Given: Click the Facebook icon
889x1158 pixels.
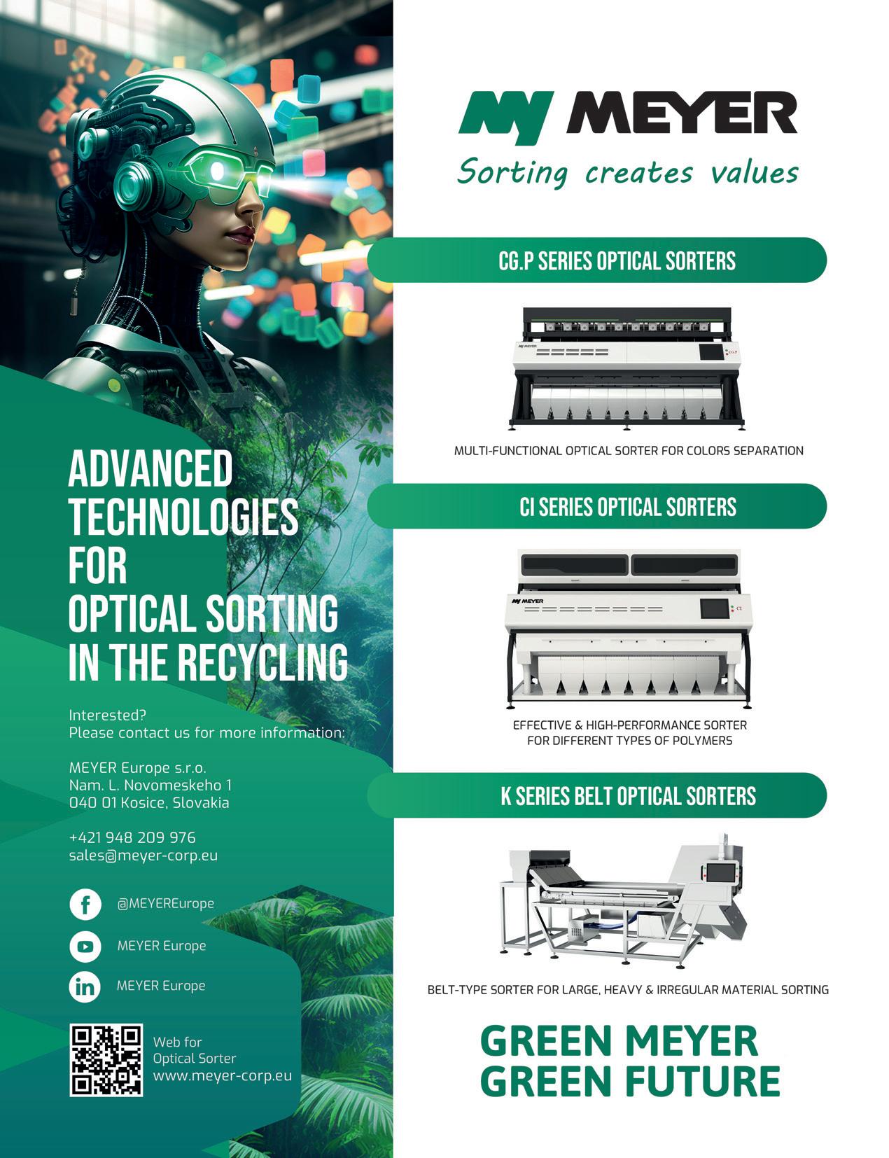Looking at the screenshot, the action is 85,904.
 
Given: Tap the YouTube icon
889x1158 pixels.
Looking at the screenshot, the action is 85,946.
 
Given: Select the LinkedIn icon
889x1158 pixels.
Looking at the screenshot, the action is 85,986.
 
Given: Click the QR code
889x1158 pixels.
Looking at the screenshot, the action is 106,1060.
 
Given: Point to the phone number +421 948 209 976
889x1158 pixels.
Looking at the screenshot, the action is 132,837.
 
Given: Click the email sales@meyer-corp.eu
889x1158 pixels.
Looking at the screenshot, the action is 143,855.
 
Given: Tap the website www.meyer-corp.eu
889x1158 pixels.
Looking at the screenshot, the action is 222,1075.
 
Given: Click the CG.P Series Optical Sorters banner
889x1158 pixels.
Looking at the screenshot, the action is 616,261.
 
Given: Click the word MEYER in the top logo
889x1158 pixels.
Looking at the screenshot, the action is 683,116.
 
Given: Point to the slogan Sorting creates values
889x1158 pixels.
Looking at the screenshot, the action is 627,172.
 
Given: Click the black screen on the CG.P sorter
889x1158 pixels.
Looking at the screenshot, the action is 711,352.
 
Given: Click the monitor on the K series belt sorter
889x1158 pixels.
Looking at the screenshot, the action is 720,872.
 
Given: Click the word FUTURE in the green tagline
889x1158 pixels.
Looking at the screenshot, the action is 702,1080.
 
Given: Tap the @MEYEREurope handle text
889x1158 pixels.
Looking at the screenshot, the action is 166,904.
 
